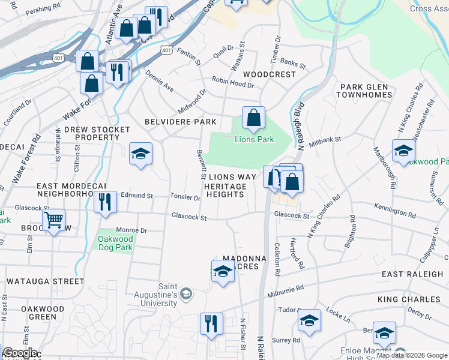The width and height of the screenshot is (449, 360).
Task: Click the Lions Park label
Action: coord(253,139)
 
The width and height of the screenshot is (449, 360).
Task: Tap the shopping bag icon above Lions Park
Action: coord(253,118)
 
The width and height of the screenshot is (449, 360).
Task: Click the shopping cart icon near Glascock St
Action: coord(54,221)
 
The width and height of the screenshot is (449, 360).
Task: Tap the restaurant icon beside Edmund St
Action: coord(105,202)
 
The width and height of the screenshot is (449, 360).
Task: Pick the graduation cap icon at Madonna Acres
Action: coord(223,272)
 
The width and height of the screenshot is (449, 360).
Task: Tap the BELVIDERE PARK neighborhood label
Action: coord(180,122)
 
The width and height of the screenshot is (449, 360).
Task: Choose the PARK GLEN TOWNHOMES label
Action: coord(364,91)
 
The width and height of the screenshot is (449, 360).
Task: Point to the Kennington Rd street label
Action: coord(396,214)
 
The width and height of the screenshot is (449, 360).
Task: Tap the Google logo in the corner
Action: coord(19,353)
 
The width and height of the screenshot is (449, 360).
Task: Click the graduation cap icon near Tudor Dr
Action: coord(309,322)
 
